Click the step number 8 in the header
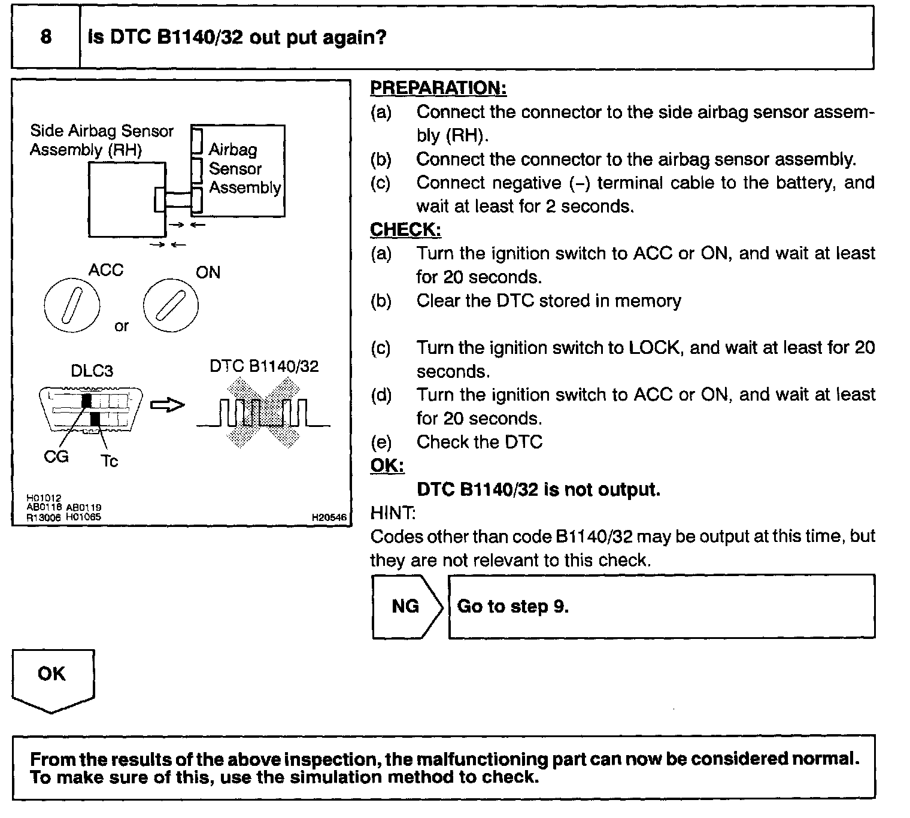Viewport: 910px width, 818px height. pos(46,37)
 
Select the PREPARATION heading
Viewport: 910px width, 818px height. pos(438,88)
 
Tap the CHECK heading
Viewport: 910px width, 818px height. pos(405,229)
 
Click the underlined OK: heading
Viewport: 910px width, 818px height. pos(387,465)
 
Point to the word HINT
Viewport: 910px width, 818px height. pos(392,513)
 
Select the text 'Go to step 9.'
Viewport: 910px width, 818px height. pos(512,607)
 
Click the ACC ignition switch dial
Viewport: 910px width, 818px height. pos(71,305)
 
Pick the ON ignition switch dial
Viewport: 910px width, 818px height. pos(171,305)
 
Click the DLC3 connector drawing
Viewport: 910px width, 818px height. pos(91,408)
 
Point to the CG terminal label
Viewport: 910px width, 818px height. pos(56,457)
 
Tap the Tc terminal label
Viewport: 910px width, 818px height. pos(109,460)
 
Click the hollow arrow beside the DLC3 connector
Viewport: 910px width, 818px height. pos(167,405)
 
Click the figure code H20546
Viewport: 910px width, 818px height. pos(329,517)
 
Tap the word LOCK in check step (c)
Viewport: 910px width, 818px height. pos(656,348)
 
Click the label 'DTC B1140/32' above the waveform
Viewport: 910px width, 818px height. pos(264,366)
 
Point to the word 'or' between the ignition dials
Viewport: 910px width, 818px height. pos(122,326)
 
